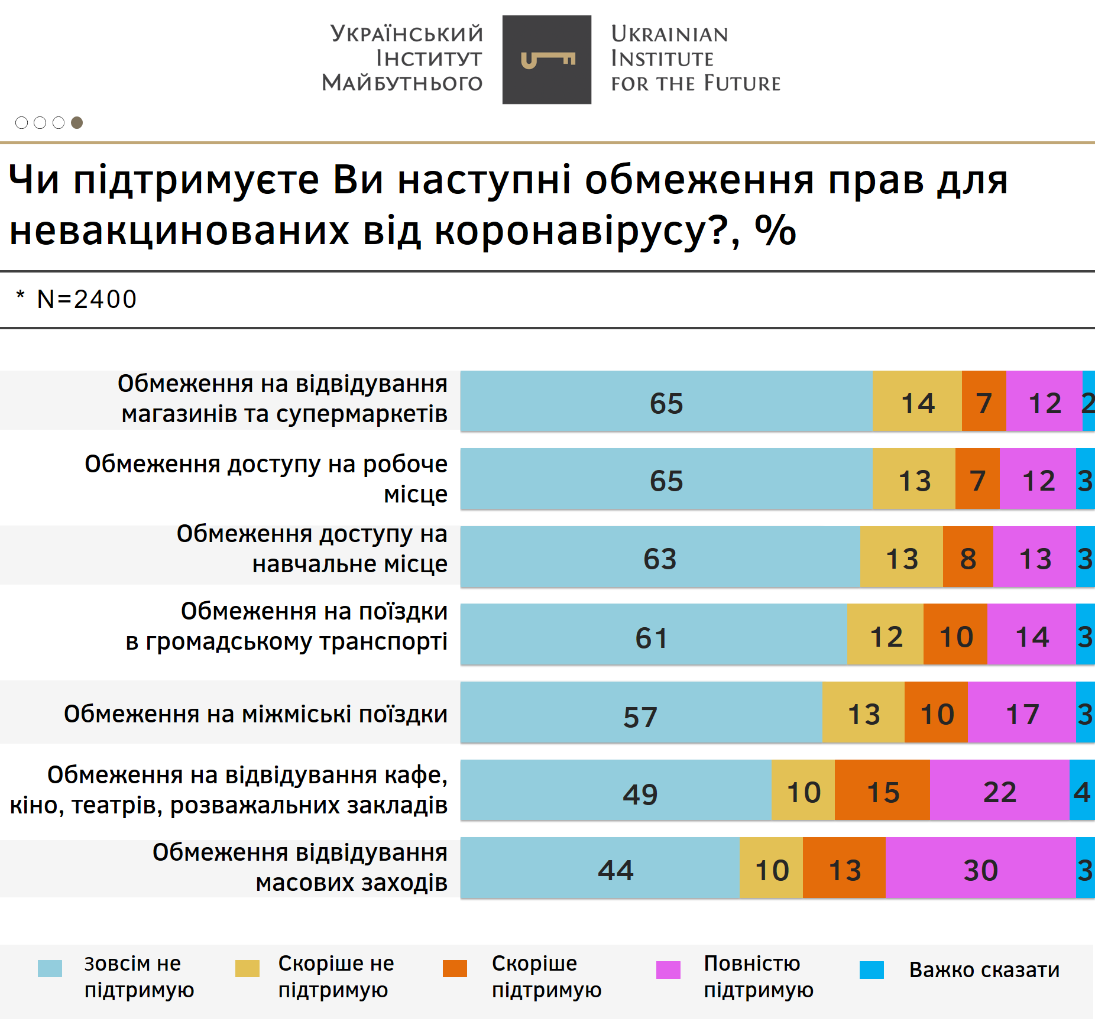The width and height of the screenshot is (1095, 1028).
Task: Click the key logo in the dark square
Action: pos(547,60)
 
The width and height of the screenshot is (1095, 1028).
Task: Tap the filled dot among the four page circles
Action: pos(77,122)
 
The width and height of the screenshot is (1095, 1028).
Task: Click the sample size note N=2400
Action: pos(86,299)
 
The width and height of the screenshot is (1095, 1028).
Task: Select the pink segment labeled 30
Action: pos(980,868)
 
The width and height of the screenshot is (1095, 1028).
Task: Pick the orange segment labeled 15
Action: pos(882,790)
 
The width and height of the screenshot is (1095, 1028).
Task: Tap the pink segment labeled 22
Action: pos(999,790)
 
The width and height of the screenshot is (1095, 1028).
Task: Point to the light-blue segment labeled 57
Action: pos(642,712)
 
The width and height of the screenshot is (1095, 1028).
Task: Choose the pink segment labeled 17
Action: pos(1022,712)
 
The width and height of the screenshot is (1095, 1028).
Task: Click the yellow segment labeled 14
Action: pos(917,401)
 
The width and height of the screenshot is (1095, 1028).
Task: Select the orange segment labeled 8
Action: pos(968,557)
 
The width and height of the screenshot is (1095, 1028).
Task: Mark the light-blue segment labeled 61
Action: pos(653,634)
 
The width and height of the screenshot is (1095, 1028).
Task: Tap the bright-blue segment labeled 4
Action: pos(1082,790)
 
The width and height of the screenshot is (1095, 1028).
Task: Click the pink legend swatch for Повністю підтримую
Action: pos(668,970)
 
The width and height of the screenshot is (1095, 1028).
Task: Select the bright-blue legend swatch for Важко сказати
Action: pos(872,970)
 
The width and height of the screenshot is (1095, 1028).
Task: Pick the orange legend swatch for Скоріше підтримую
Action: pos(455,969)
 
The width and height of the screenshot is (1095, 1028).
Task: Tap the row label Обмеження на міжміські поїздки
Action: pos(255,714)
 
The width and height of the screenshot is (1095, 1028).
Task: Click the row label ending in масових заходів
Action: pos(300,867)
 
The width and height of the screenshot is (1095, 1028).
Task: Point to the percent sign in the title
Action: pos(775,230)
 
